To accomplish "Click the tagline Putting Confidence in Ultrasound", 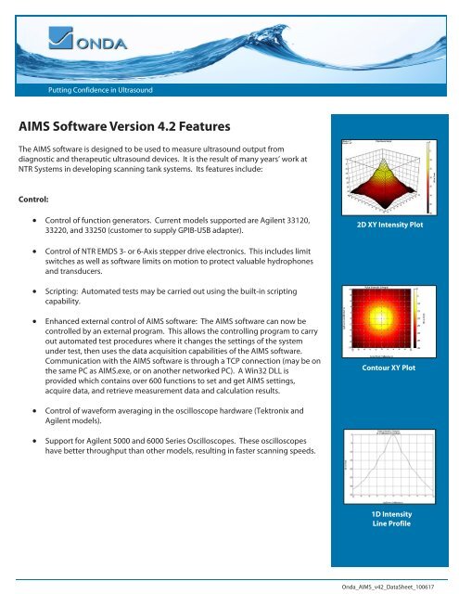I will pos(100,90).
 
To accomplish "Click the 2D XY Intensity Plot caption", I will pos(390,225).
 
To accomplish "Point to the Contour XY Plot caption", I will pos(390,368).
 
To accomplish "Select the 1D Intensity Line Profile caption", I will pos(390,519).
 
